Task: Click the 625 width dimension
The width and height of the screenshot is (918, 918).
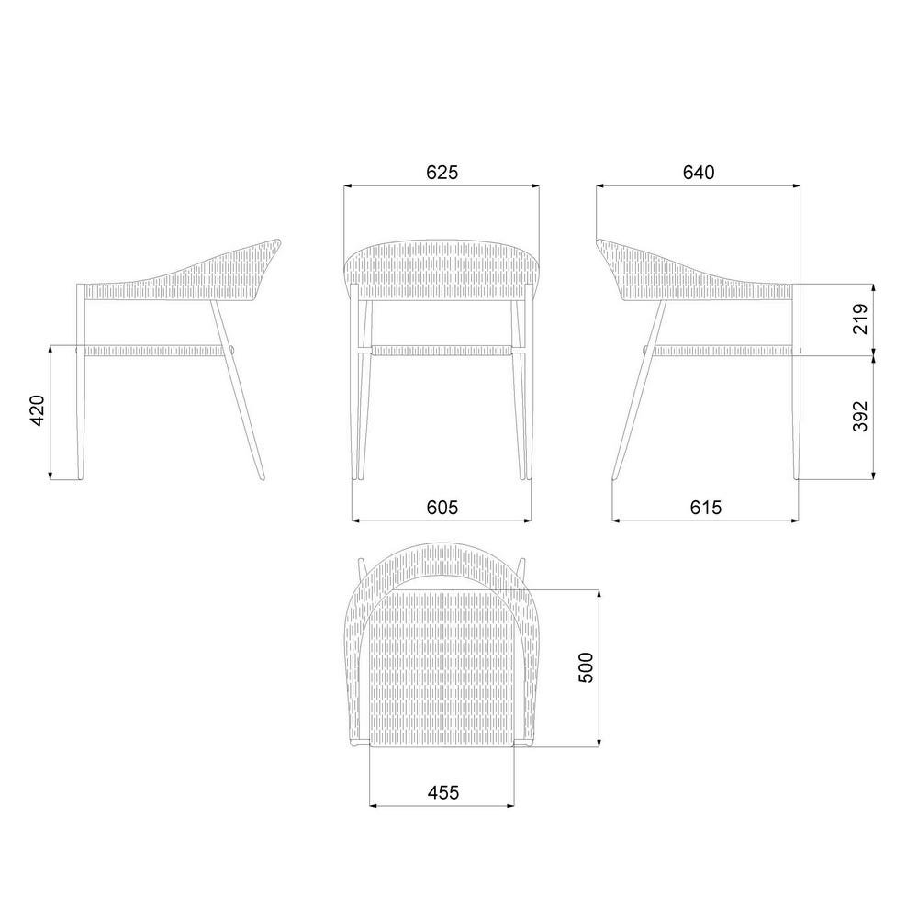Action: pyautogui.click(x=442, y=173)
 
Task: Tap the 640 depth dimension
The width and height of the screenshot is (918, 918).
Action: pyautogui.click(x=699, y=173)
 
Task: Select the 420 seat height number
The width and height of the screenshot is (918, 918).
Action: pyautogui.click(x=37, y=411)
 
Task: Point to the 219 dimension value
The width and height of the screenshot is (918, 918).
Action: pyautogui.click(x=860, y=319)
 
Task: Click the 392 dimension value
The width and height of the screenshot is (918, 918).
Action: pyautogui.click(x=860, y=416)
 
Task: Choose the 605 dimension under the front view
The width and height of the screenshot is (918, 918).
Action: pyautogui.click(x=442, y=507)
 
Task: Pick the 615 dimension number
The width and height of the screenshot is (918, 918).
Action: pyautogui.click(x=705, y=507)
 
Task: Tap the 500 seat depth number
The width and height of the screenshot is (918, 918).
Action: pyautogui.click(x=586, y=667)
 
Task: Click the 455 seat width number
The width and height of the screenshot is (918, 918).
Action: pyautogui.click(x=443, y=793)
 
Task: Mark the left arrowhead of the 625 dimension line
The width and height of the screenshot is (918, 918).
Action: pyautogui.click(x=347, y=186)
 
